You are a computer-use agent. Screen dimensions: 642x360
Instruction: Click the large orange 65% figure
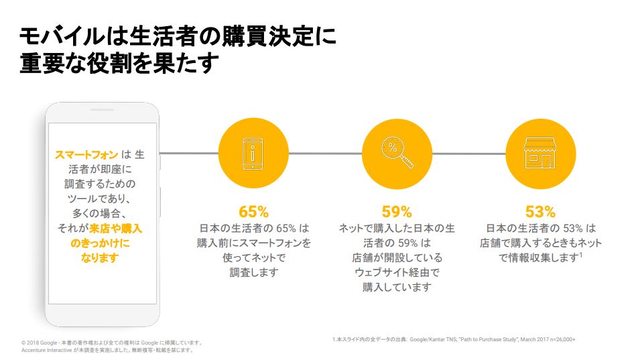(x=253, y=212)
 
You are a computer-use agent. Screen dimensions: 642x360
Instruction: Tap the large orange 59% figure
(x=397, y=212)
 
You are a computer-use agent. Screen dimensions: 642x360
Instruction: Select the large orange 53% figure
(x=540, y=212)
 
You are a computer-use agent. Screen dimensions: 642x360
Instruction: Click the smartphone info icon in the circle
(x=253, y=154)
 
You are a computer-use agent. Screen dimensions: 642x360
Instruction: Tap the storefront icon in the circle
(x=540, y=153)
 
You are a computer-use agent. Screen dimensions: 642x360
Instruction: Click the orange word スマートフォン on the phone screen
(x=86, y=155)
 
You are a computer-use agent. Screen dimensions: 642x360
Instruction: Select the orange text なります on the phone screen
(x=100, y=258)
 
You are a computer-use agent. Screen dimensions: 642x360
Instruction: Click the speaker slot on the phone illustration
(x=102, y=110)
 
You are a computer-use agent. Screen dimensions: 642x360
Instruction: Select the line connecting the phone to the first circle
(x=189, y=153)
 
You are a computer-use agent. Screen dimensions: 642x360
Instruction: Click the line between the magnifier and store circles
(x=469, y=154)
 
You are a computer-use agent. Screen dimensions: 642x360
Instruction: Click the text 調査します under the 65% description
(x=254, y=273)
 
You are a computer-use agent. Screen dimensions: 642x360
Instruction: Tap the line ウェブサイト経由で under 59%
(x=397, y=273)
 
